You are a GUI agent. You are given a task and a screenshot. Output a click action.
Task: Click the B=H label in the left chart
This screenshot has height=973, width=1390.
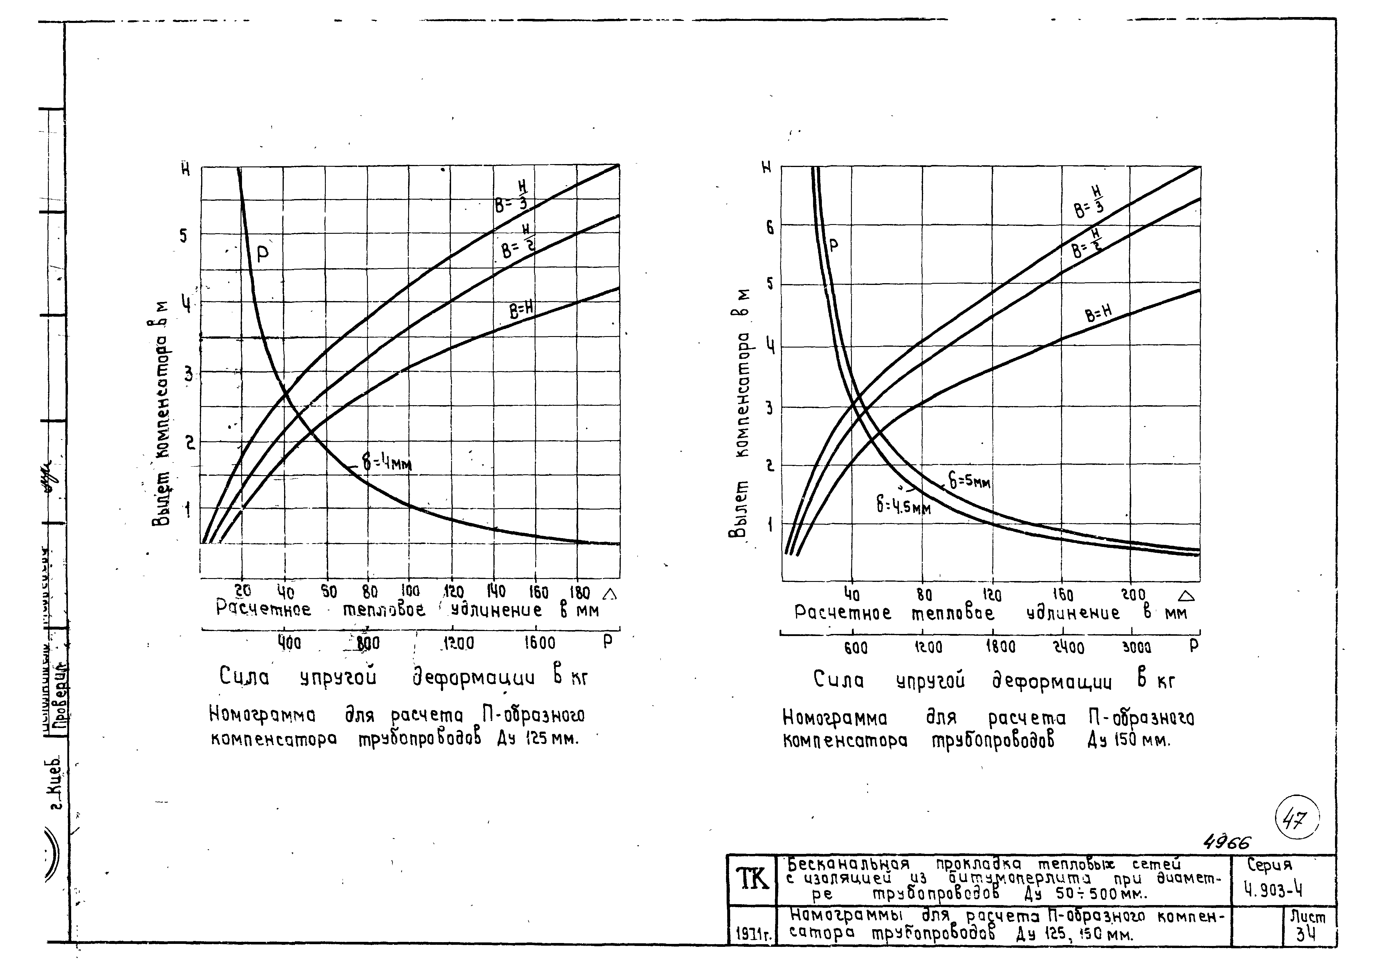click(x=521, y=311)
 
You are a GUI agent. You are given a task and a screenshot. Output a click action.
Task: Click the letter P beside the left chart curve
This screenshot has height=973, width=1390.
click(x=262, y=254)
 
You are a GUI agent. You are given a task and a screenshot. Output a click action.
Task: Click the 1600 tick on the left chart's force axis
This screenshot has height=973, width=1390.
click(x=539, y=642)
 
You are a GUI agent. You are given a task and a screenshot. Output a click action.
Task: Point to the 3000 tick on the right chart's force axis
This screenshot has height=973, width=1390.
click(x=1136, y=647)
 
